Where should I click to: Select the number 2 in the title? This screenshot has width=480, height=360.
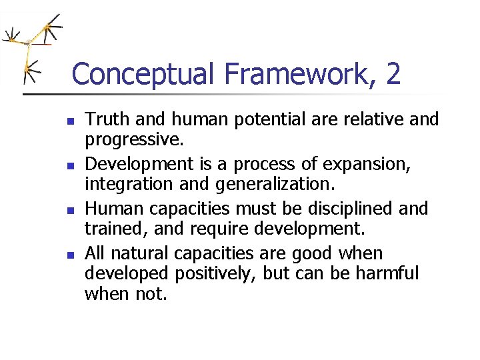click(x=393, y=74)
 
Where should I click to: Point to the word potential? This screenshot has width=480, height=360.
click(x=255, y=119)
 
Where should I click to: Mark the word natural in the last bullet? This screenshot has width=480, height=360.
click(x=140, y=253)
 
